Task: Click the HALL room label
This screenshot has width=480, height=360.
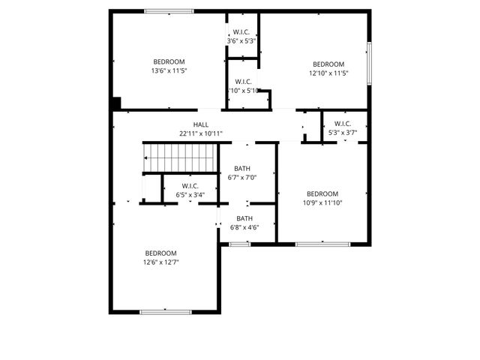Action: point(201,124)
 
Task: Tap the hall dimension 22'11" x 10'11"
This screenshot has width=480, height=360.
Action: point(201,133)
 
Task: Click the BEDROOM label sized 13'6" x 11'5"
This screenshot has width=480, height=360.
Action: point(169,61)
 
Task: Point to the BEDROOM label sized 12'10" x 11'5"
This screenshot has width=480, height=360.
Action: point(328,64)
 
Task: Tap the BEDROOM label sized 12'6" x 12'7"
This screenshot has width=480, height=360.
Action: point(160,253)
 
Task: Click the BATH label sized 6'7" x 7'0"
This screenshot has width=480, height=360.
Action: point(242,169)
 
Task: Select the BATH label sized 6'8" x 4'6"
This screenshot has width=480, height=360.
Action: point(244,218)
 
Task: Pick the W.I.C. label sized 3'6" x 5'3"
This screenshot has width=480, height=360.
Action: point(242,32)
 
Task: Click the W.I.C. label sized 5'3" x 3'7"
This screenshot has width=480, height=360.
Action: point(342,124)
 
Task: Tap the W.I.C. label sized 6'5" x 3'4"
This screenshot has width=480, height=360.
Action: point(190,186)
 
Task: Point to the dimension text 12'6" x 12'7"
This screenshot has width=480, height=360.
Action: point(160,262)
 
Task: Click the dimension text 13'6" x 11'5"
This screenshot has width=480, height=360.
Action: point(169,71)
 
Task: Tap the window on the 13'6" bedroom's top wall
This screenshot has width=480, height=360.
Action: point(168,11)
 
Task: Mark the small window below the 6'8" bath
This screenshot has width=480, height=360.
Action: point(240,244)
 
